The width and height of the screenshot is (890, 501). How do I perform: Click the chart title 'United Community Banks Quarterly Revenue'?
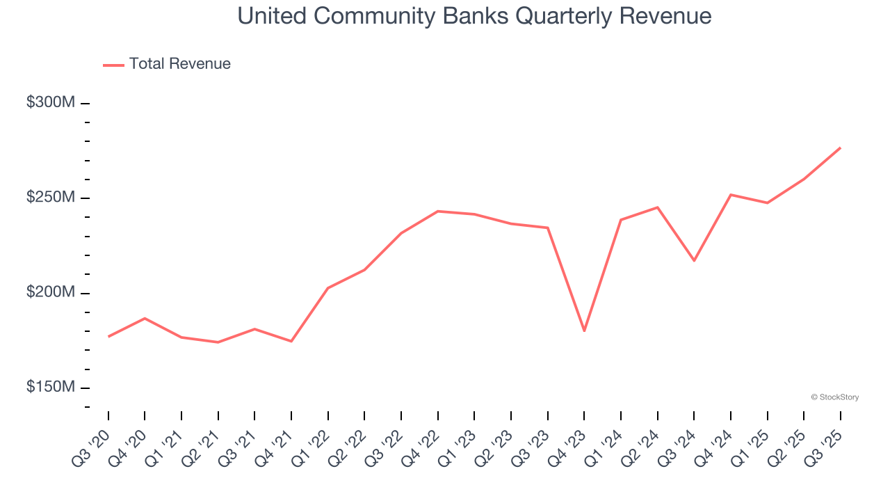pyautogui.click(x=474, y=16)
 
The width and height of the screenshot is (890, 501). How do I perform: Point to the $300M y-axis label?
pyautogui.click(x=51, y=103)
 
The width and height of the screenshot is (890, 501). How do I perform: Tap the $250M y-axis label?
pyautogui.click(x=51, y=198)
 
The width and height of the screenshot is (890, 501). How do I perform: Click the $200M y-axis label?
pyautogui.click(x=51, y=293)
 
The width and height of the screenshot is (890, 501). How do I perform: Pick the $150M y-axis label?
pyautogui.click(x=51, y=388)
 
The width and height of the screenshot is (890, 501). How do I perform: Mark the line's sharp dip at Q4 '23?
pyautogui.click(x=584, y=331)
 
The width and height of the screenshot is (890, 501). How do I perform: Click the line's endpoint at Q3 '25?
pyautogui.click(x=840, y=148)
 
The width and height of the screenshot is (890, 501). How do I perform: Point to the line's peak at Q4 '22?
pyautogui.click(x=438, y=211)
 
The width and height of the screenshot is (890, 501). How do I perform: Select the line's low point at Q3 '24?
pyautogui.click(x=694, y=260)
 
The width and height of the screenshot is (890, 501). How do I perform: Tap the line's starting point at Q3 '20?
pyautogui.click(x=108, y=336)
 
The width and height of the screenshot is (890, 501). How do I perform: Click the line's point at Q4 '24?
pyautogui.click(x=731, y=195)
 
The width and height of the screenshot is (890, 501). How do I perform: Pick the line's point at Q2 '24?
pyautogui.click(x=657, y=207)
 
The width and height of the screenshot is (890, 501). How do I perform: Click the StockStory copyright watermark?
pyautogui.click(x=834, y=397)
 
